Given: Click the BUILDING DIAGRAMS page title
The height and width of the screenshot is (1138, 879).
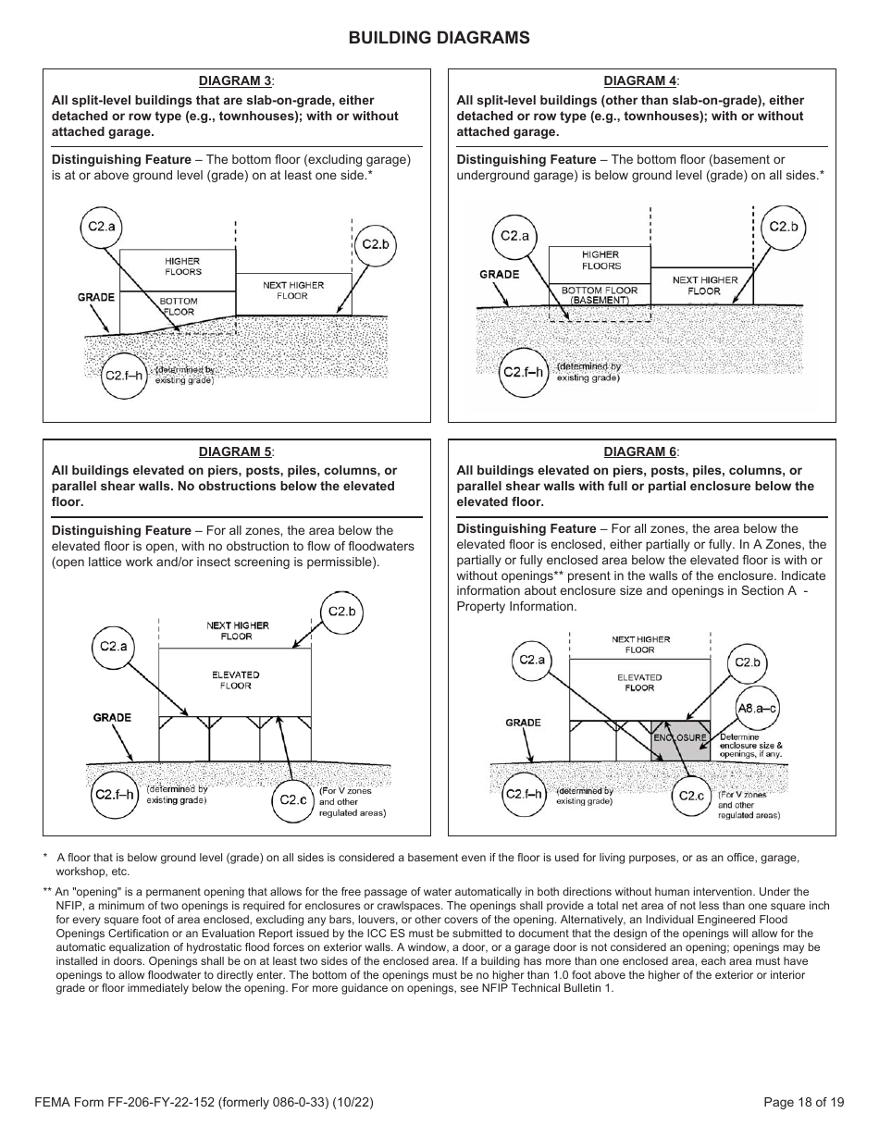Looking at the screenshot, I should pos(439,38).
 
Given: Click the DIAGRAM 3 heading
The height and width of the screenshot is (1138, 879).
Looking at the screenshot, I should pos(236,80).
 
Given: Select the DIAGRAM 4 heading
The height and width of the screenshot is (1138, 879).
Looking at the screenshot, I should pos(640,81).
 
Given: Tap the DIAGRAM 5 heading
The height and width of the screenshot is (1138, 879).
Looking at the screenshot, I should pos(236,451).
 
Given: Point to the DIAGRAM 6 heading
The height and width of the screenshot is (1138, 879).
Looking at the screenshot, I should pos(640,451).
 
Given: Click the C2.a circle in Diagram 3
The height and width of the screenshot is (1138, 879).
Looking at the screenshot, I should pos(104,227).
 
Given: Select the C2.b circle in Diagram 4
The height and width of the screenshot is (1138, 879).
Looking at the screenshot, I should pos(783,227).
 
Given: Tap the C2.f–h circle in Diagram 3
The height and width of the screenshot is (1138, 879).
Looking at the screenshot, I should pos(123,376).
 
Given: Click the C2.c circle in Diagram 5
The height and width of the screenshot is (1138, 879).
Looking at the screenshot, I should pos(292,799).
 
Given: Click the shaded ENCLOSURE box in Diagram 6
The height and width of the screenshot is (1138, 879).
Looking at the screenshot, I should pos(681,739).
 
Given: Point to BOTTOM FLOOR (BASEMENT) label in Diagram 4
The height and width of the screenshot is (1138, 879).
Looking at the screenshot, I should pos(600,295).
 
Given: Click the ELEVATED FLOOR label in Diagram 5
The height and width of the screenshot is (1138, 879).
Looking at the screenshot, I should pos(235,680).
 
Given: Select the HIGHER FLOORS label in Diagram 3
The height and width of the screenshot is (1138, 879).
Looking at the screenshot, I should pos(182,266).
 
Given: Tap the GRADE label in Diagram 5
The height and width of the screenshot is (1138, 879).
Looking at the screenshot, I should pos(112,718).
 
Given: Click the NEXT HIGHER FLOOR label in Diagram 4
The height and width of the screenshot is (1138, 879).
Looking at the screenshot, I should pos(705,285).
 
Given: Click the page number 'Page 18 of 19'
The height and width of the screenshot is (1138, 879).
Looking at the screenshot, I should pos(803,1102).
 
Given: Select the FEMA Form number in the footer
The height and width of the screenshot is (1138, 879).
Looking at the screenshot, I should pos(204,1102).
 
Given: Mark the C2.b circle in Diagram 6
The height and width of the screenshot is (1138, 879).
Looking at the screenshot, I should pos(747,662).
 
